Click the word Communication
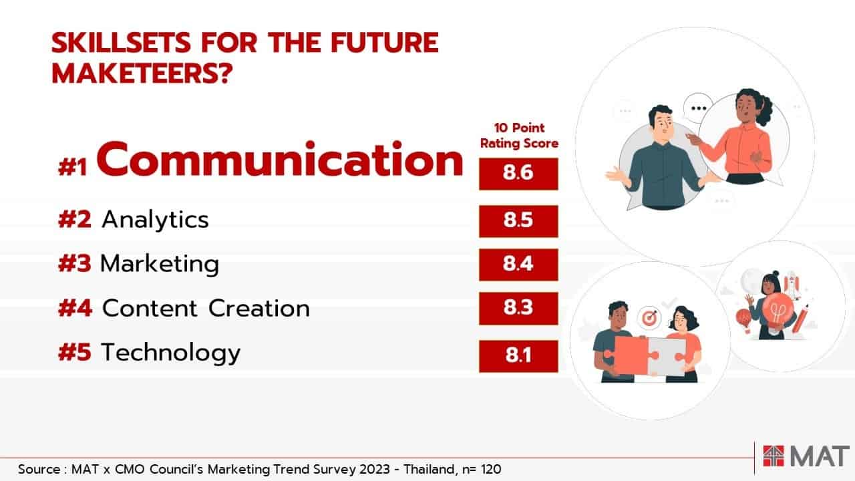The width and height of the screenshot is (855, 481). tap(280, 160)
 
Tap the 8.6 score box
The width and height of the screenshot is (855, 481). tap(518, 174)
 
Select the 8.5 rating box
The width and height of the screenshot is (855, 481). tap(518, 221)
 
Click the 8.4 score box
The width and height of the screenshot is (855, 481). tap(518, 265)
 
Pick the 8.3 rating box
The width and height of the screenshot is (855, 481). tap(518, 309)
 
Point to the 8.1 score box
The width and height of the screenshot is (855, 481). tap(518, 356)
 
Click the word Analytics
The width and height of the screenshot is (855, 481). tap(156, 220)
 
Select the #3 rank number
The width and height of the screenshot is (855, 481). tap(75, 263)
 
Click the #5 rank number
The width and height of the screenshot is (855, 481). tap(75, 352)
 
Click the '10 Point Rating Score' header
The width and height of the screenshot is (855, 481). tap(519, 136)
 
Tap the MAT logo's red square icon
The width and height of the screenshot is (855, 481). tap(774, 456)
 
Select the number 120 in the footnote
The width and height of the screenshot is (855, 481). tap(491, 469)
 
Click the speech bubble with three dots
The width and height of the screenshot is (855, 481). tap(699, 108)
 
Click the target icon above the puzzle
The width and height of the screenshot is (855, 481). tap(649, 317)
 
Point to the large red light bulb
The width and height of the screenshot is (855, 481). tap(777, 309)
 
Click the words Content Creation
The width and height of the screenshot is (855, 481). tap(206, 309)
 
